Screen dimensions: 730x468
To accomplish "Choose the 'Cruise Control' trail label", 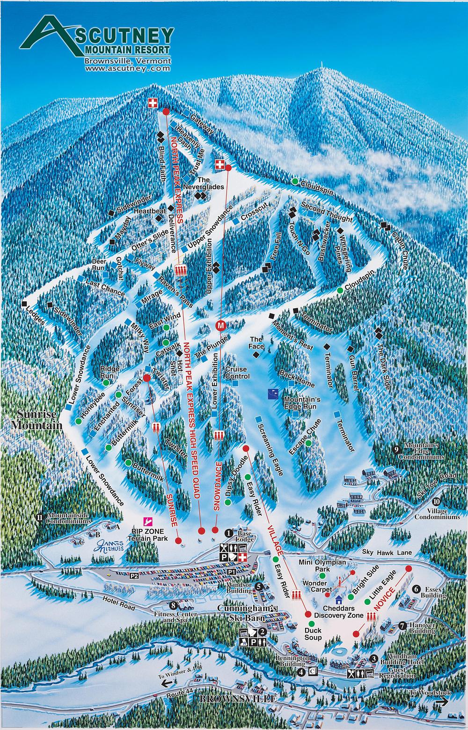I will [237, 373].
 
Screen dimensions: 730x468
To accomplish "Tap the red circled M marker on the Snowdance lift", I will [221, 325].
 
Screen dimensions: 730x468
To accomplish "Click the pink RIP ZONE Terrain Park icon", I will [147, 521].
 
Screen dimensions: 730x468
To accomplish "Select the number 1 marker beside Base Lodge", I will [229, 533].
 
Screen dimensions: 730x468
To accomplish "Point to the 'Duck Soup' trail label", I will [313, 634].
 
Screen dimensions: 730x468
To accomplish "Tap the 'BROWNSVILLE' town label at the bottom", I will [235, 698].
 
